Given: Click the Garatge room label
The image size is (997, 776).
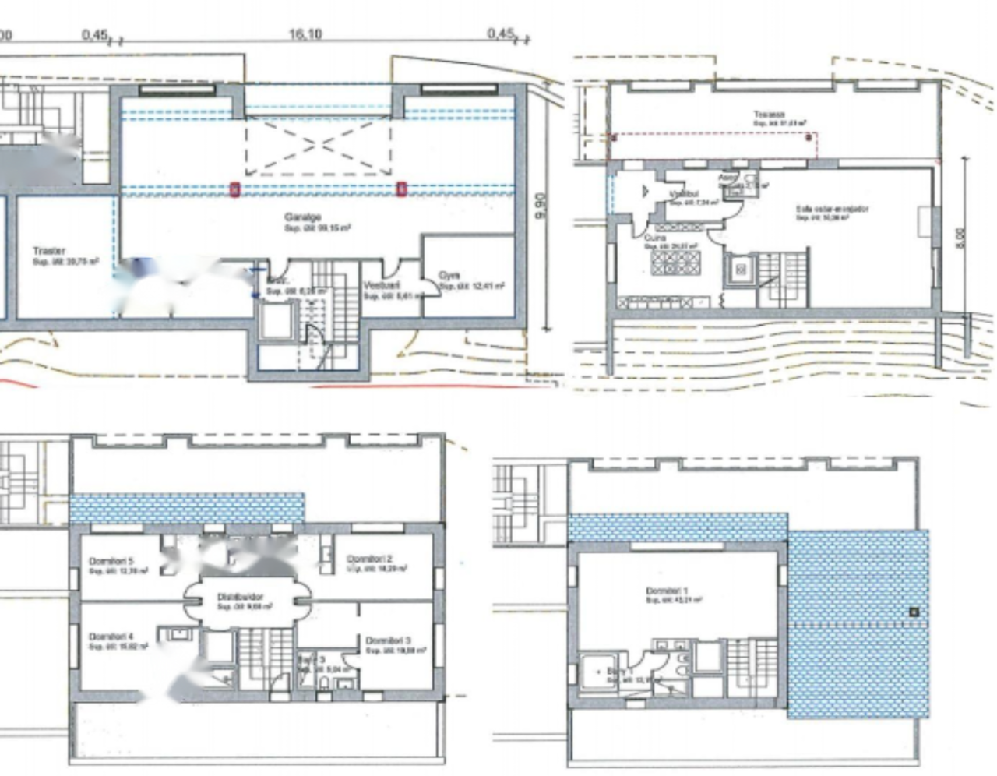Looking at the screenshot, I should [x=303, y=217].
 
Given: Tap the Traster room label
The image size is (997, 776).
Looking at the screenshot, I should [x=49, y=251].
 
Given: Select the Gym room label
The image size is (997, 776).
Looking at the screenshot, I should [x=449, y=275].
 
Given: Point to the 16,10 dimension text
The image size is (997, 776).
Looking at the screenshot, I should [x=305, y=34].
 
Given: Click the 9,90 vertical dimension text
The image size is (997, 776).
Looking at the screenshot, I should [x=541, y=206].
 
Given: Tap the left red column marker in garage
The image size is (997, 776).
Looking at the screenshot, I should [x=234, y=189].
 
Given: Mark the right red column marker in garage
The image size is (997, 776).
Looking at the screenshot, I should [x=402, y=189].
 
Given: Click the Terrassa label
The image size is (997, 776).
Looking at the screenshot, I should [x=769, y=115].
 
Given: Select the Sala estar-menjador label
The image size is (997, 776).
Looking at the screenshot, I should [x=832, y=209].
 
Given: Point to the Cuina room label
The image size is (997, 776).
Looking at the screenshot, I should [x=655, y=238].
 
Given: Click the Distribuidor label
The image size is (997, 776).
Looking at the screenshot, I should [x=240, y=597].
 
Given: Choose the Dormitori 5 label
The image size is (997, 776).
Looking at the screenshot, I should [x=111, y=561].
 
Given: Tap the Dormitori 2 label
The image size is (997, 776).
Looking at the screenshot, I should [x=369, y=559].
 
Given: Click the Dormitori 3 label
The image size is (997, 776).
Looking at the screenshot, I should [x=389, y=640].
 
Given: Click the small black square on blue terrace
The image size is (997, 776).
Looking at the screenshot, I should [x=914, y=612].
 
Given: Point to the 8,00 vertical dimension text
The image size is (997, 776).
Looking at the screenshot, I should [x=960, y=237].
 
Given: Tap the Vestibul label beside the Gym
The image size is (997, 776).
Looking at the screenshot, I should [x=382, y=286].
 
